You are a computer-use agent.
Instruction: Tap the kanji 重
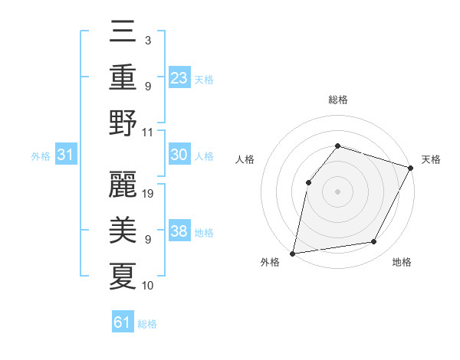(123, 77)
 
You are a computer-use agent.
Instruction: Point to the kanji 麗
(123, 185)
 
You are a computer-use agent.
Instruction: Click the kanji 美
(123, 231)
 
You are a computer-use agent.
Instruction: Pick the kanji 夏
(123, 276)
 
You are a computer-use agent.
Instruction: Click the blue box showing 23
(179, 78)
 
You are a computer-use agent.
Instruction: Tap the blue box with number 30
(179, 155)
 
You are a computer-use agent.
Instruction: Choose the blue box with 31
(66, 155)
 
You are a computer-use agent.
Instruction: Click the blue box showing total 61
(123, 322)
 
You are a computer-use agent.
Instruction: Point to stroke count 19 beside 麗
(149, 194)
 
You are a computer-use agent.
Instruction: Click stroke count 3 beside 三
(148, 39)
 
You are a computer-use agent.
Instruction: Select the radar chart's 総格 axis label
(337, 100)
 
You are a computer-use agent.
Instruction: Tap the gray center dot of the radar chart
(337, 191)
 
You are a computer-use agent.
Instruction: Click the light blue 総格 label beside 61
(147, 324)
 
